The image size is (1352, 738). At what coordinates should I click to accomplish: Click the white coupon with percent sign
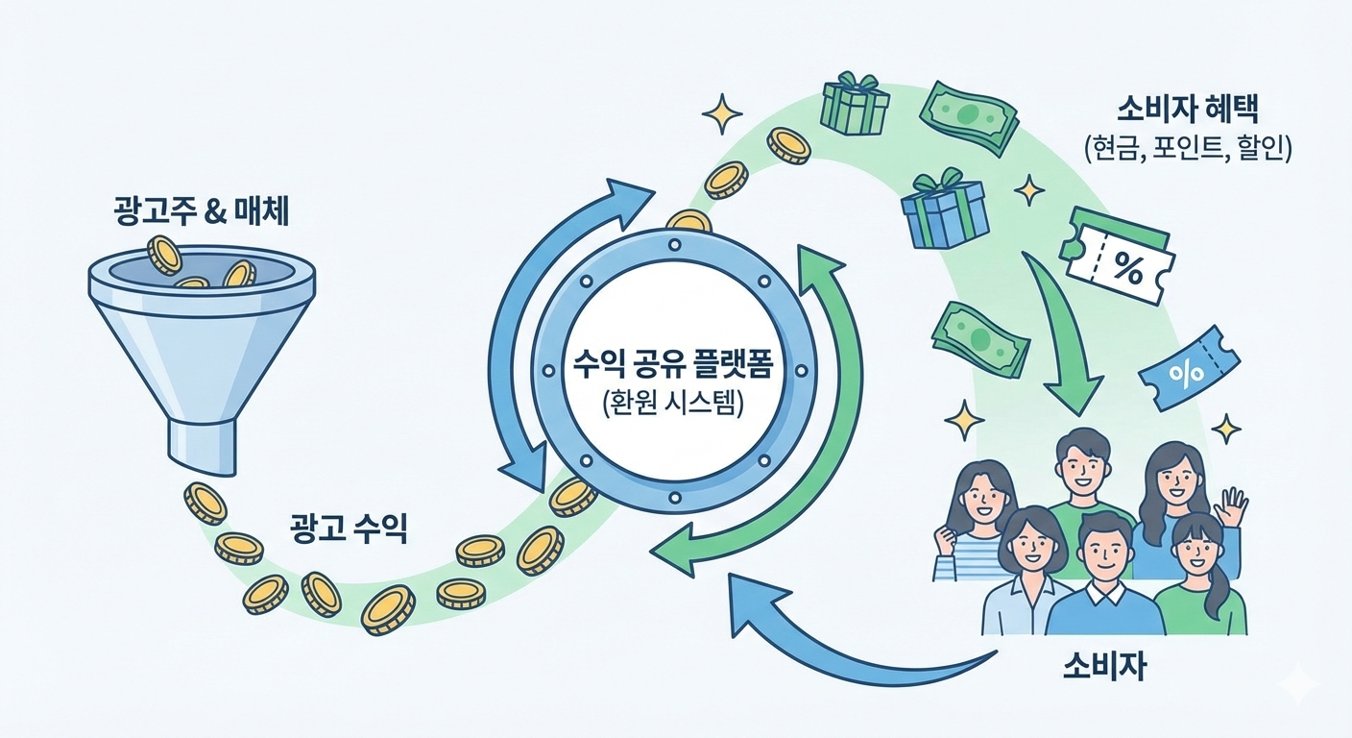(x=1117, y=258)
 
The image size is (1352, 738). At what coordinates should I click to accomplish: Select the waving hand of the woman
(x=1230, y=506)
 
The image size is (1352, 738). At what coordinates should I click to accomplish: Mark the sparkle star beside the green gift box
(x=722, y=114)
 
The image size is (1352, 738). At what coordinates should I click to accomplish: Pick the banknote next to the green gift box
(x=968, y=116)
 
